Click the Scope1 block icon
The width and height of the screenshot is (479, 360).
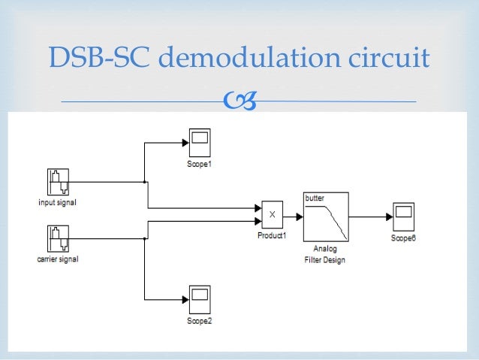[199, 141]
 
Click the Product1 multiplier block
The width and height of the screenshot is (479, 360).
[272, 215]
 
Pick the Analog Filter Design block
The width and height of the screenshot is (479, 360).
[326, 216]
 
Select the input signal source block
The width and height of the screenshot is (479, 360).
[57, 182]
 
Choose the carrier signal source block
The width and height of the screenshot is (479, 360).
[57, 238]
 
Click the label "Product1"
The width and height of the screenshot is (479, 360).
[272, 235]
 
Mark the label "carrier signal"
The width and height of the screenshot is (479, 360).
[57, 259]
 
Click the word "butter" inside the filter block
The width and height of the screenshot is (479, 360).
[314, 198]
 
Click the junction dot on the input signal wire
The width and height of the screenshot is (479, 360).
[145, 181]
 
